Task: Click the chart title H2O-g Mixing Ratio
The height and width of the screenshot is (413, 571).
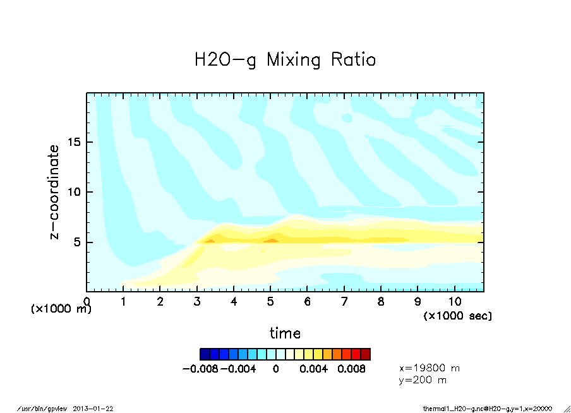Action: click(285, 60)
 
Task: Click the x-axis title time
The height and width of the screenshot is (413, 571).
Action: click(285, 333)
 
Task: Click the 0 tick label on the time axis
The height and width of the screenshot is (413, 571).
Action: click(87, 302)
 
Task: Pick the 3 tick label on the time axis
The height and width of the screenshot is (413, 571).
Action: click(197, 302)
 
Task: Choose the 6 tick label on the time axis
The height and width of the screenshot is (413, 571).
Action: click(308, 302)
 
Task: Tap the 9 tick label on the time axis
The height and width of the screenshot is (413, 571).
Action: click(418, 302)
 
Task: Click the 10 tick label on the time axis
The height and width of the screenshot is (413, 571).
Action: click(455, 302)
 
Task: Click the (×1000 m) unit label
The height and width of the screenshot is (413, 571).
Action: click(61, 309)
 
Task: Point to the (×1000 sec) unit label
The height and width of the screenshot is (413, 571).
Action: click(457, 315)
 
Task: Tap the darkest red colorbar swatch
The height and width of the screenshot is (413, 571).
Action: click(366, 354)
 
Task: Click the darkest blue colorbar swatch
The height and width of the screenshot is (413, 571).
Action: click(205, 354)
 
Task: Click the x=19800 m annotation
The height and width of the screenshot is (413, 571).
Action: click(430, 368)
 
